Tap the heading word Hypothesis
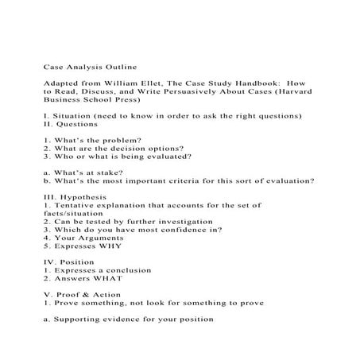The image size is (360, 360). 88,195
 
